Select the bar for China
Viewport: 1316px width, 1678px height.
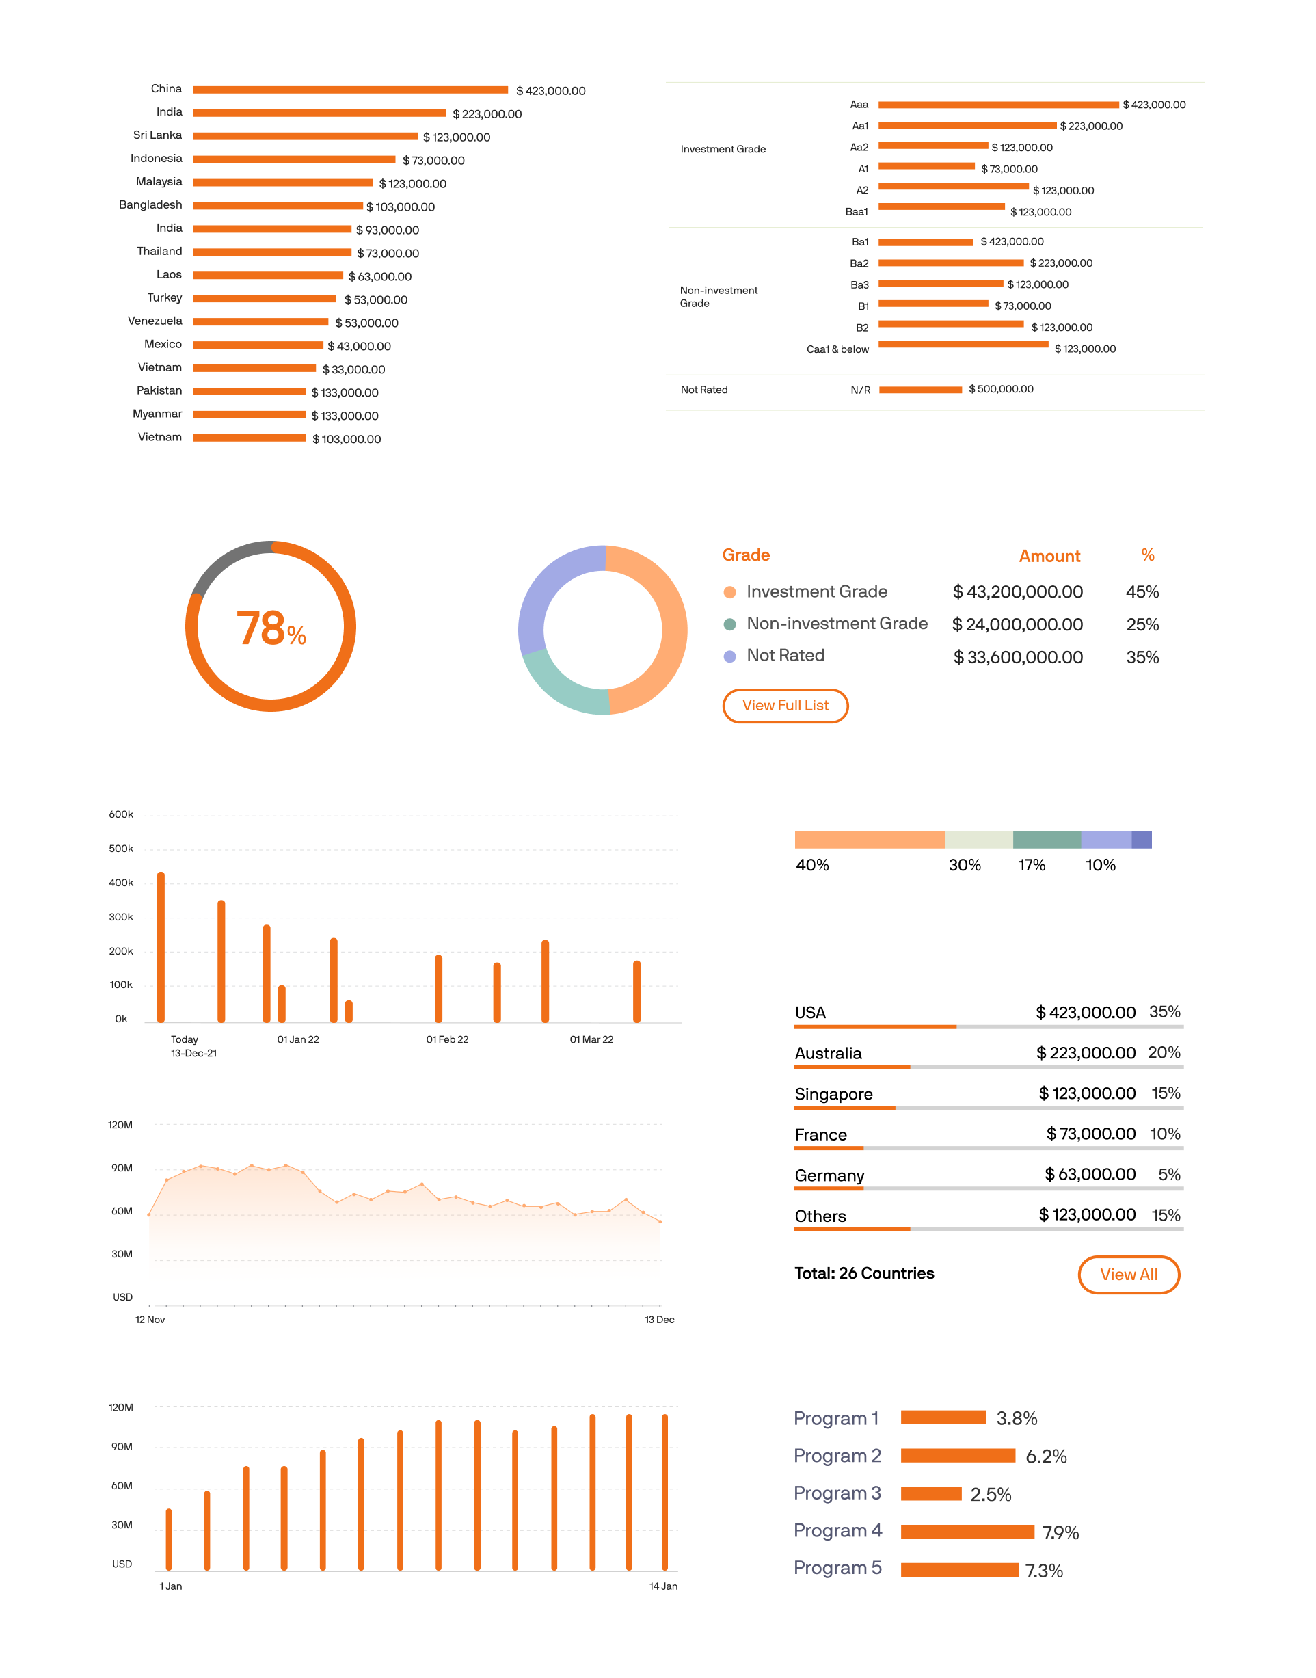point(350,90)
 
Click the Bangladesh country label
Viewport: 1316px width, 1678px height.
point(150,205)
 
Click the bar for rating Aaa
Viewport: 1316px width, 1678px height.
point(998,105)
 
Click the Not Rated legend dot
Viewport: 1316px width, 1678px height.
point(729,656)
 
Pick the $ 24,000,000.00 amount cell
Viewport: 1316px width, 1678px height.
point(1017,625)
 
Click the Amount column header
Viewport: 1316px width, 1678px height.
point(1049,556)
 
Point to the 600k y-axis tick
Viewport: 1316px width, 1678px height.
point(121,814)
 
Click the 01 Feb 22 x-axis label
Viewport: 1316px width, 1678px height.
point(447,1039)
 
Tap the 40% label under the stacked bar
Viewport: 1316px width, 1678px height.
point(812,865)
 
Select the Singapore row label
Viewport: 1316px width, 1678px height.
point(833,1094)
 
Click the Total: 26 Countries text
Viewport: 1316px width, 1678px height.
point(863,1273)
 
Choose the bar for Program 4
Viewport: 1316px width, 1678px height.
point(967,1532)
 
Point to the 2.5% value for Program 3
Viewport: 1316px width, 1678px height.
point(990,1495)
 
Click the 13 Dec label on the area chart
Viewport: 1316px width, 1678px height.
point(659,1320)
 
